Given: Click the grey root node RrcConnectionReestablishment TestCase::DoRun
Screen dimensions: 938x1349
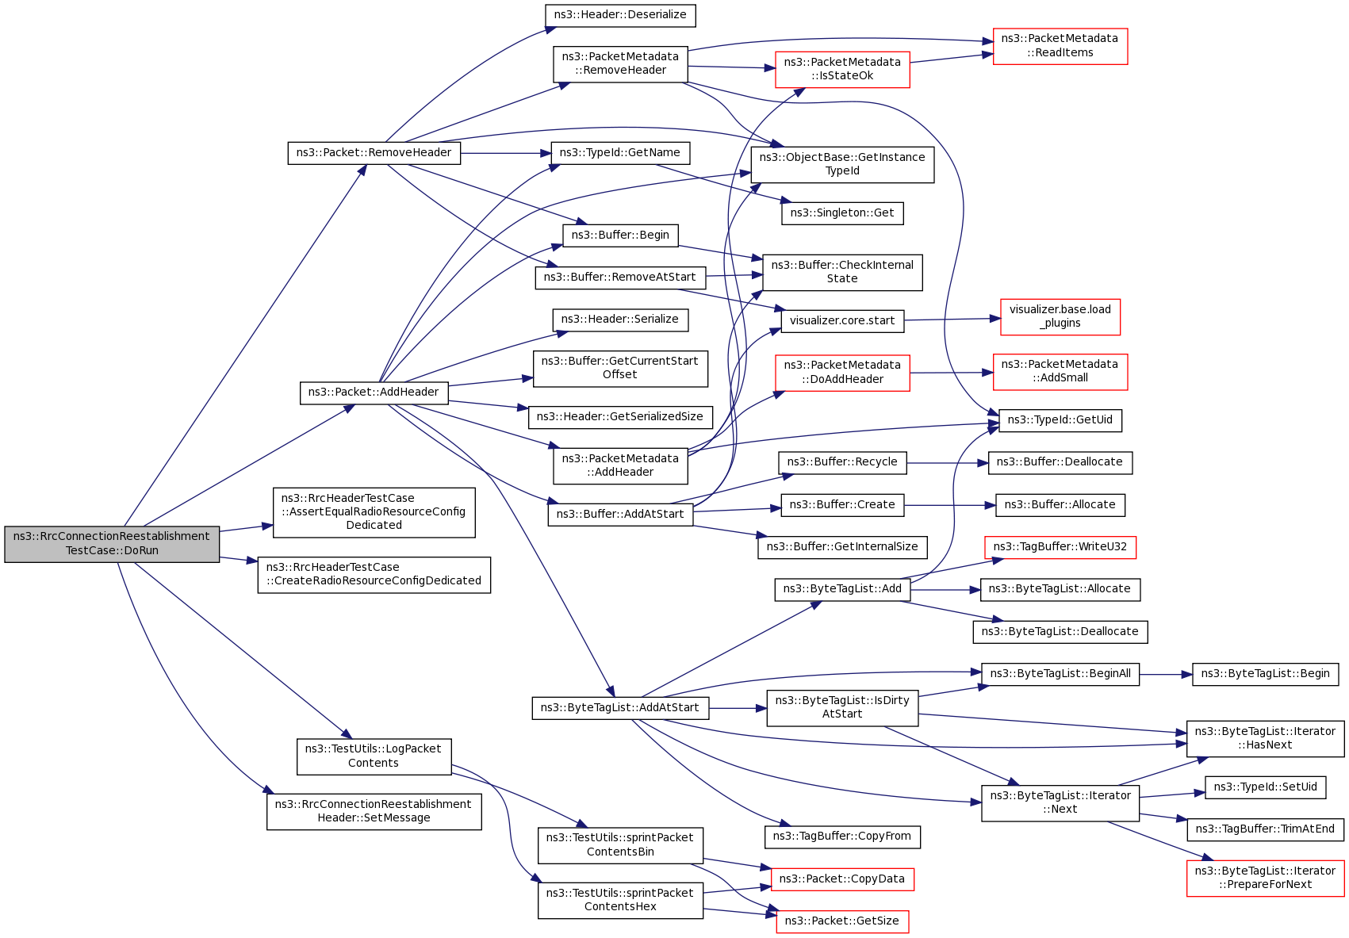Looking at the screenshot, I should pyautogui.click(x=112, y=544).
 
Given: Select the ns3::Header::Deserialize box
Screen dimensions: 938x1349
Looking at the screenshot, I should pyautogui.click(x=620, y=15).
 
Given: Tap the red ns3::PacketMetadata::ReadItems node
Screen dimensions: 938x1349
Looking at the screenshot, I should pyautogui.click(x=1060, y=46).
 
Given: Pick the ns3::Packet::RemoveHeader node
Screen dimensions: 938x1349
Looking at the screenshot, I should pyautogui.click(x=374, y=153).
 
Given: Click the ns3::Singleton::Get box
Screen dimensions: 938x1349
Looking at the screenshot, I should pyautogui.click(x=841, y=213).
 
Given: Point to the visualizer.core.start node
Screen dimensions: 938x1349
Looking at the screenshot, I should pyautogui.click(x=841, y=321).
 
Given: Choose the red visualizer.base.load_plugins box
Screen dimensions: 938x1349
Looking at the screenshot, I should pyautogui.click(x=1060, y=316).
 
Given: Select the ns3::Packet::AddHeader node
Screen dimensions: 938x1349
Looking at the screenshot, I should pyautogui.click(x=374, y=392).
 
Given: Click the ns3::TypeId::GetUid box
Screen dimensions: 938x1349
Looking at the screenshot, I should pyautogui.click(x=1060, y=420).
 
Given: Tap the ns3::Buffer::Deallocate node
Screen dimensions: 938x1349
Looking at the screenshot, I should pyautogui.click(x=1060, y=462).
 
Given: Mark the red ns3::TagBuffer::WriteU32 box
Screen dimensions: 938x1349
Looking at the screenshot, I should pyautogui.click(x=1060, y=547).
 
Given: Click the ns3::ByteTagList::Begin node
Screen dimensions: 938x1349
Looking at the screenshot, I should pyautogui.click(x=1265, y=674).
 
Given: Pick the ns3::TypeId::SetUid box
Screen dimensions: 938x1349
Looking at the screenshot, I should pyautogui.click(x=1265, y=787).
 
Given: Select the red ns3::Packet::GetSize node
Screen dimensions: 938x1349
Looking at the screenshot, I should pyautogui.click(x=841, y=921).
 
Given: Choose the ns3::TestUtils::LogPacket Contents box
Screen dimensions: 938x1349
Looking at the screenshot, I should pyautogui.click(x=374, y=756).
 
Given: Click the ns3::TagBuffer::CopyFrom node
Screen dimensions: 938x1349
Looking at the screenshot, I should pyautogui.click(x=841, y=837).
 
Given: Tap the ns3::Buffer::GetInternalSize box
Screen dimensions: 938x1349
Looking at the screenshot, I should pyautogui.click(x=841, y=547).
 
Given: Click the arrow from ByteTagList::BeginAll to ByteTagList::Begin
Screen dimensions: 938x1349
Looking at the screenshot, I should pyautogui.click(x=1166, y=675).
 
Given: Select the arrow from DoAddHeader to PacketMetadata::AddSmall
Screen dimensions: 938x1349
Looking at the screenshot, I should pyautogui.click(x=951, y=373).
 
